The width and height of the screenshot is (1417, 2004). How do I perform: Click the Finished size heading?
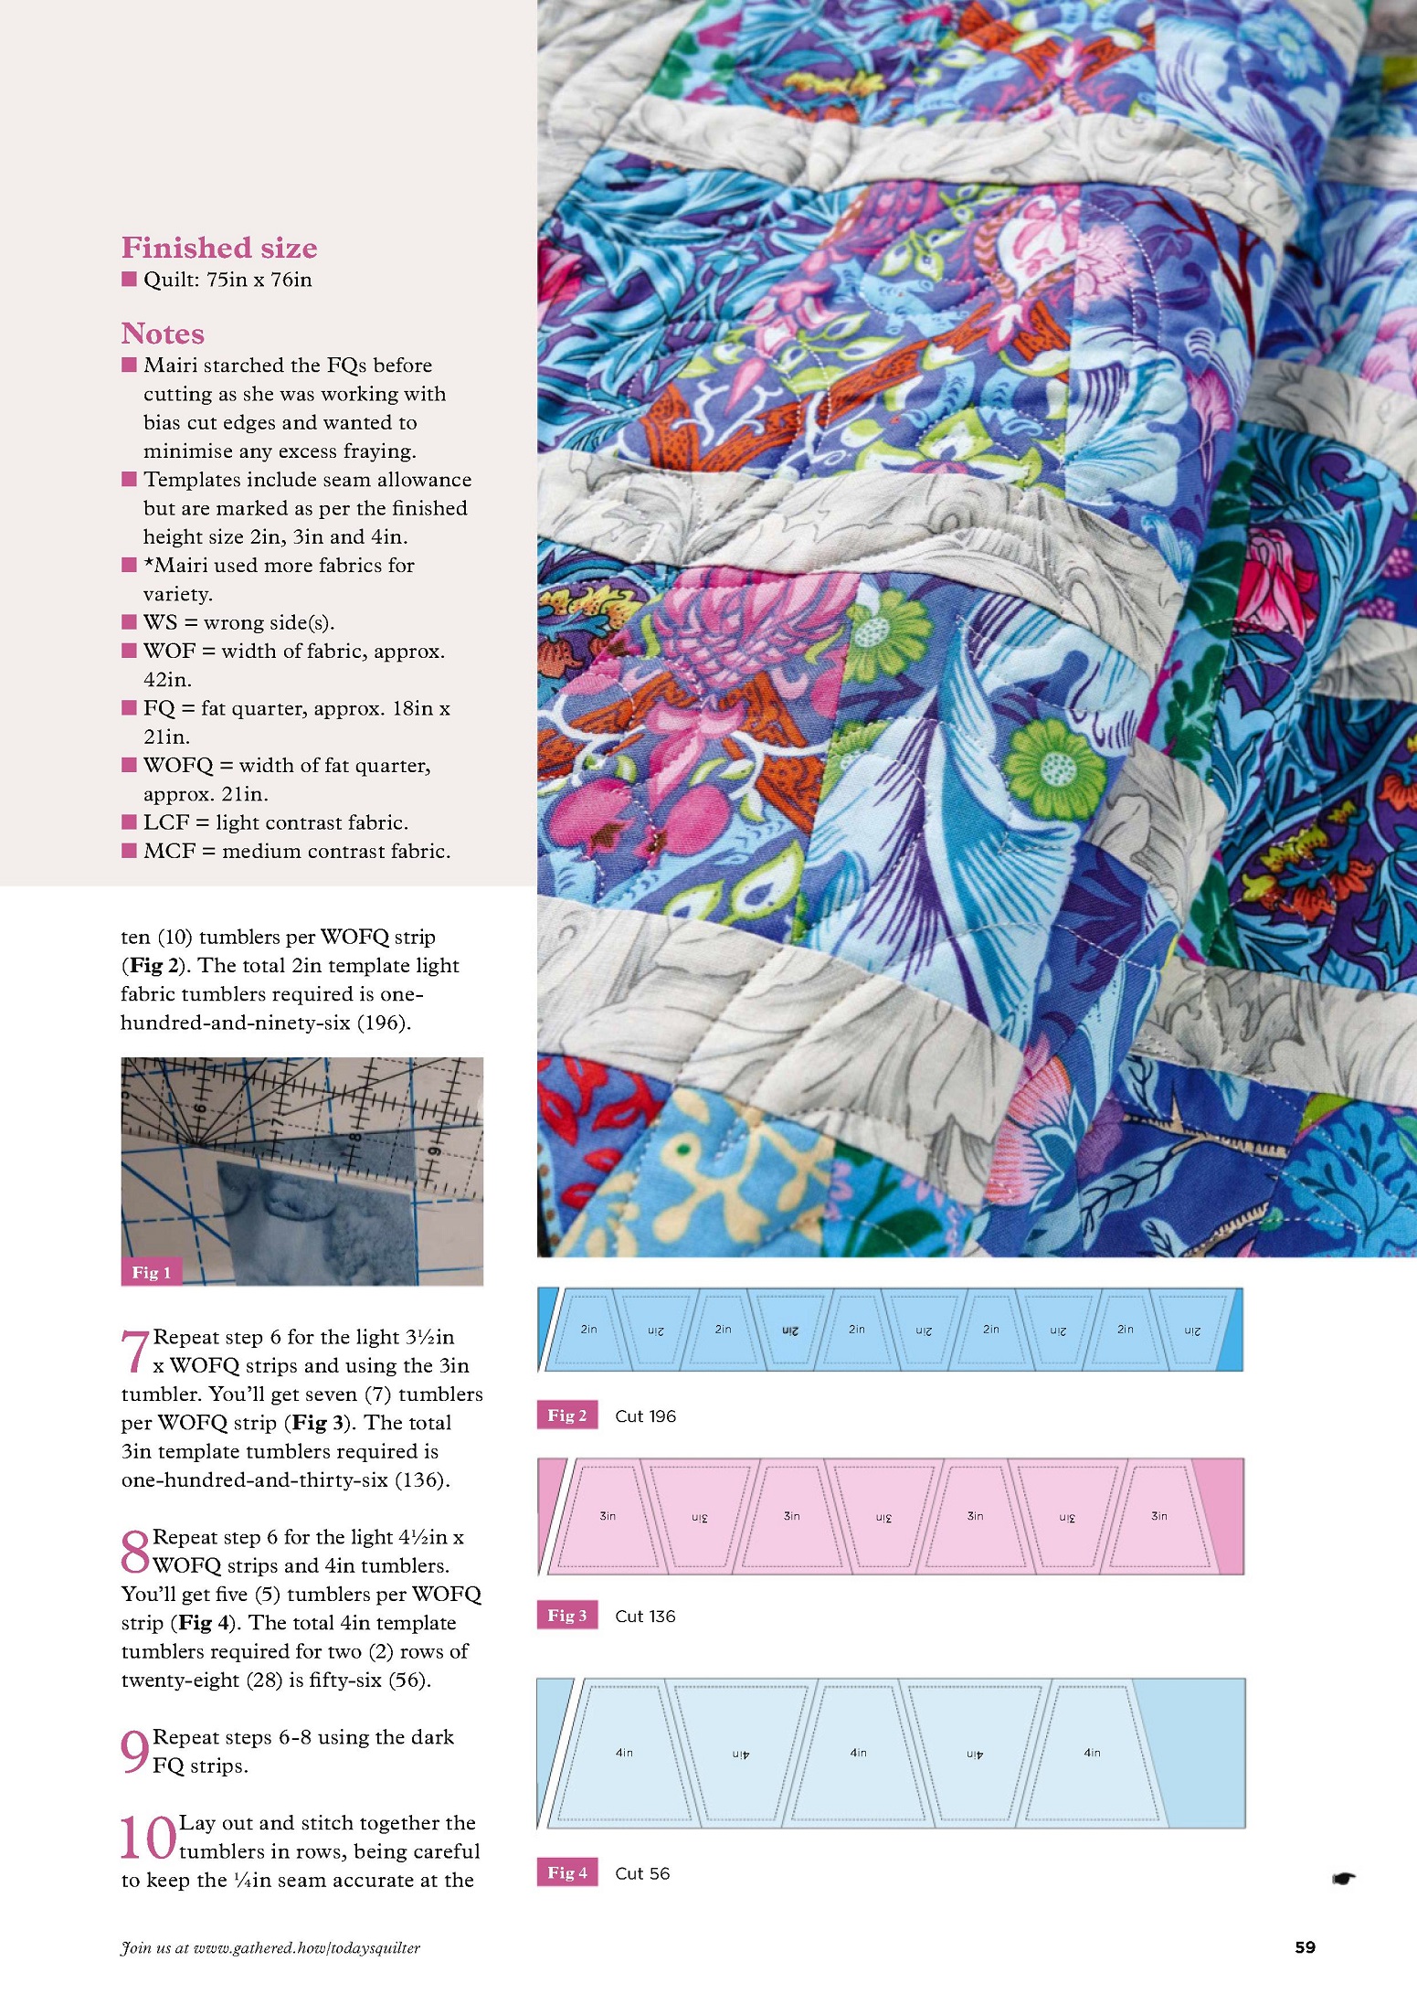pos(219,248)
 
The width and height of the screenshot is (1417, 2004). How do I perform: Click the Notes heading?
pos(163,334)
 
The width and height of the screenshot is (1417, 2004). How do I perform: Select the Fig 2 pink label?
pos(566,1416)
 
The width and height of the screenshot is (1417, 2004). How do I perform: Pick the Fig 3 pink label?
pos(566,1616)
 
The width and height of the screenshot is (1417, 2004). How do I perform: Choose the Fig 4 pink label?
pos(566,1872)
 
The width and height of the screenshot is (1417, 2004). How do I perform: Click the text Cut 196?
pos(645,1416)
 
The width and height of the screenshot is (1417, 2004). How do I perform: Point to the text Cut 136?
pos(645,1617)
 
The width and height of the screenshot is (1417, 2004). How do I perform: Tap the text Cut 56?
pos(642,1873)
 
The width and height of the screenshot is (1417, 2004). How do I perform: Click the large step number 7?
pos(134,1352)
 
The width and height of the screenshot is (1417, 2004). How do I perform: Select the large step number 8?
pos(135,1552)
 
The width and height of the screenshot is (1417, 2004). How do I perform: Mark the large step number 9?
pos(134,1752)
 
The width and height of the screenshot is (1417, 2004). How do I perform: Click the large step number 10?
pos(147,1838)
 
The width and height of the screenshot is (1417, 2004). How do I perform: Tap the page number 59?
pos(1305,1947)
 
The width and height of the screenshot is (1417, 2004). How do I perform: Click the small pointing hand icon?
pos(1343,1879)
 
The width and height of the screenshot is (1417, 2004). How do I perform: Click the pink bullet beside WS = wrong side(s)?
pos(129,622)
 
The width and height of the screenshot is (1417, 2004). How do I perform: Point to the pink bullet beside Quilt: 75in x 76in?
pos(129,279)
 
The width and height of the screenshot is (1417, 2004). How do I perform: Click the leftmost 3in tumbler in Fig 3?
pos(608,1517)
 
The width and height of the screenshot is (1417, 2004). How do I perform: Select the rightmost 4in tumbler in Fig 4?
pos(1093,1753)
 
